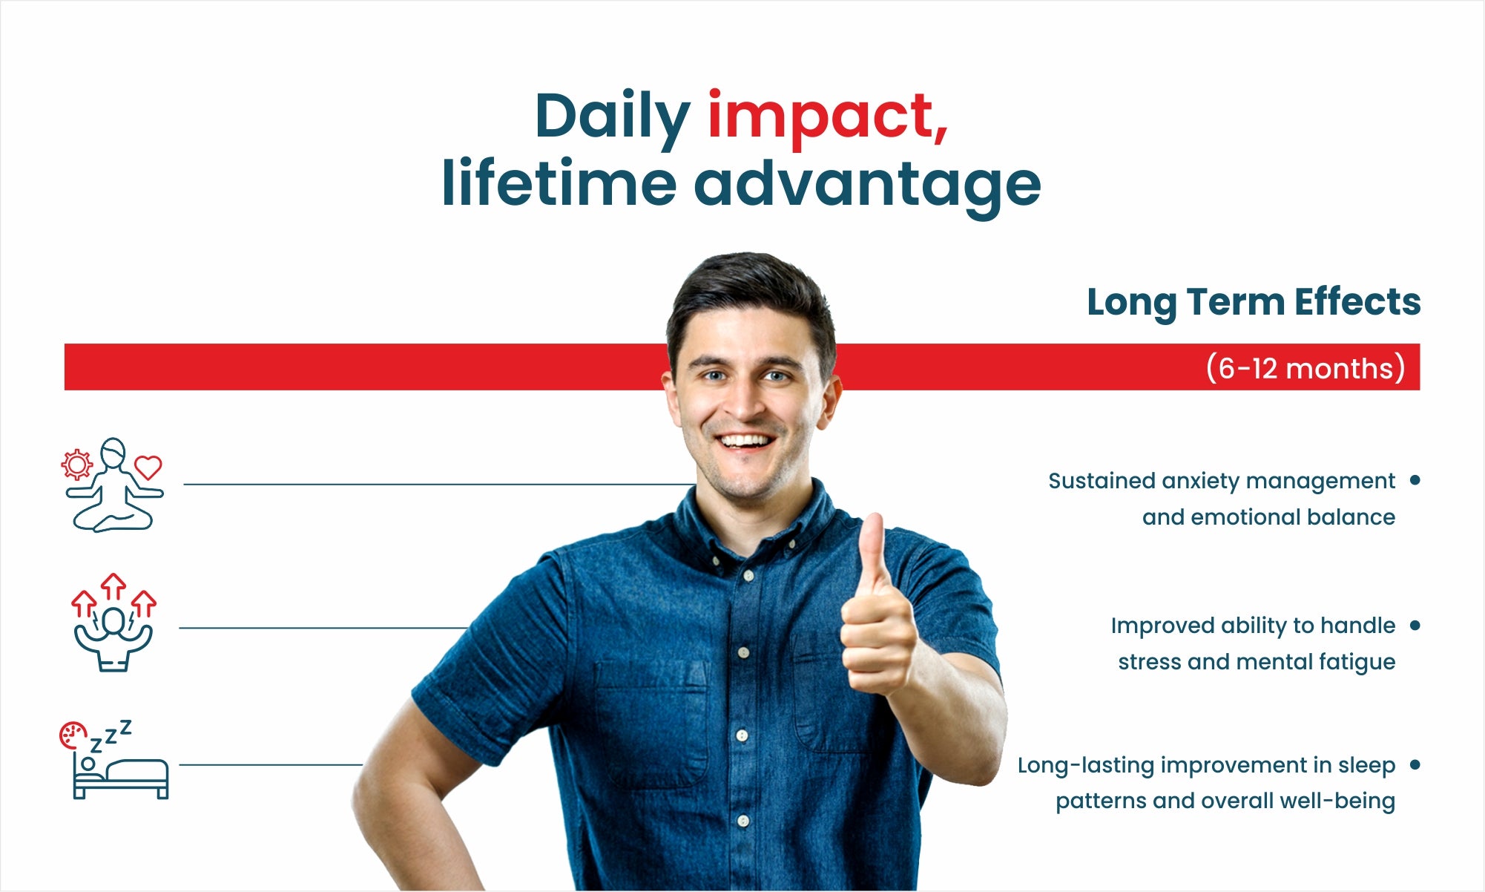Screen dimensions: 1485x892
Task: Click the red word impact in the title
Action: click(x=828, y=119)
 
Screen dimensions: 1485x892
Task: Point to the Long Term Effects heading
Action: click(x=1254, y=303)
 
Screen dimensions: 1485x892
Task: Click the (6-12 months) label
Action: click(x=1305, y=368)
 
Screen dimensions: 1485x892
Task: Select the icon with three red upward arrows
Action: click(x=113, y=623)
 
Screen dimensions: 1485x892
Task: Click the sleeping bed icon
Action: click(x=115, y=759)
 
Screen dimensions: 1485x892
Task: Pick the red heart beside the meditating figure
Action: click(x=148, y=467)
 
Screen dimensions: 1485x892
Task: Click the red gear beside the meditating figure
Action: click(x=76, y=465)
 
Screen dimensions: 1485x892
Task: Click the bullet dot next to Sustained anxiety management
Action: click(x=1415, y=480)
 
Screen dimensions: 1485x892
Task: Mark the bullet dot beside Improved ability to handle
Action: click(x=1415, y=625)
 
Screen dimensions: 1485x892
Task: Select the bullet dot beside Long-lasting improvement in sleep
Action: click(x=1415, y=764)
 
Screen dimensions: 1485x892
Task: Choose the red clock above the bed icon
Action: click(x=72, y=734)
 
